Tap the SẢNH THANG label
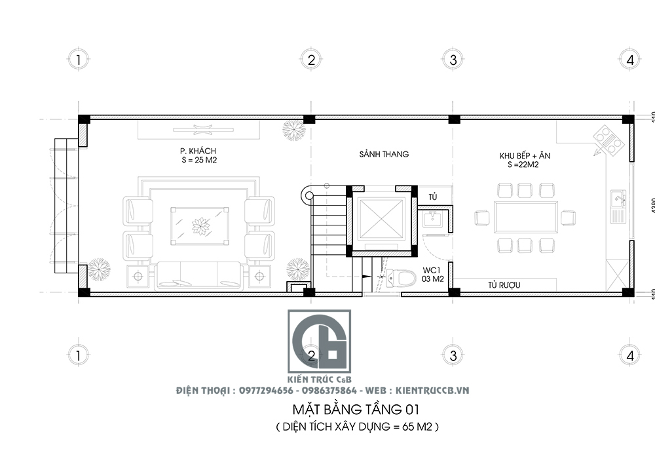384,155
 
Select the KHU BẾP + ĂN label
525,155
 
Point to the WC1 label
432,269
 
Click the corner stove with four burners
607,140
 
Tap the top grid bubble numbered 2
311,60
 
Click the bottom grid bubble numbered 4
630,356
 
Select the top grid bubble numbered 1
78,60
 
